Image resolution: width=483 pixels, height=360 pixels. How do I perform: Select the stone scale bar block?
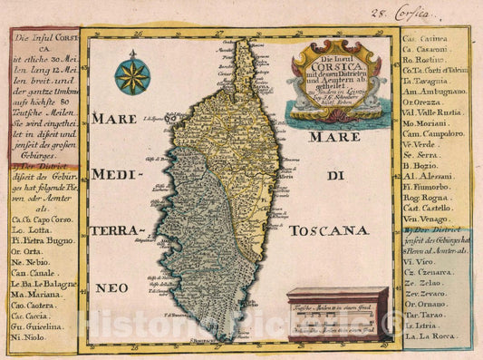tap(337, 314)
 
